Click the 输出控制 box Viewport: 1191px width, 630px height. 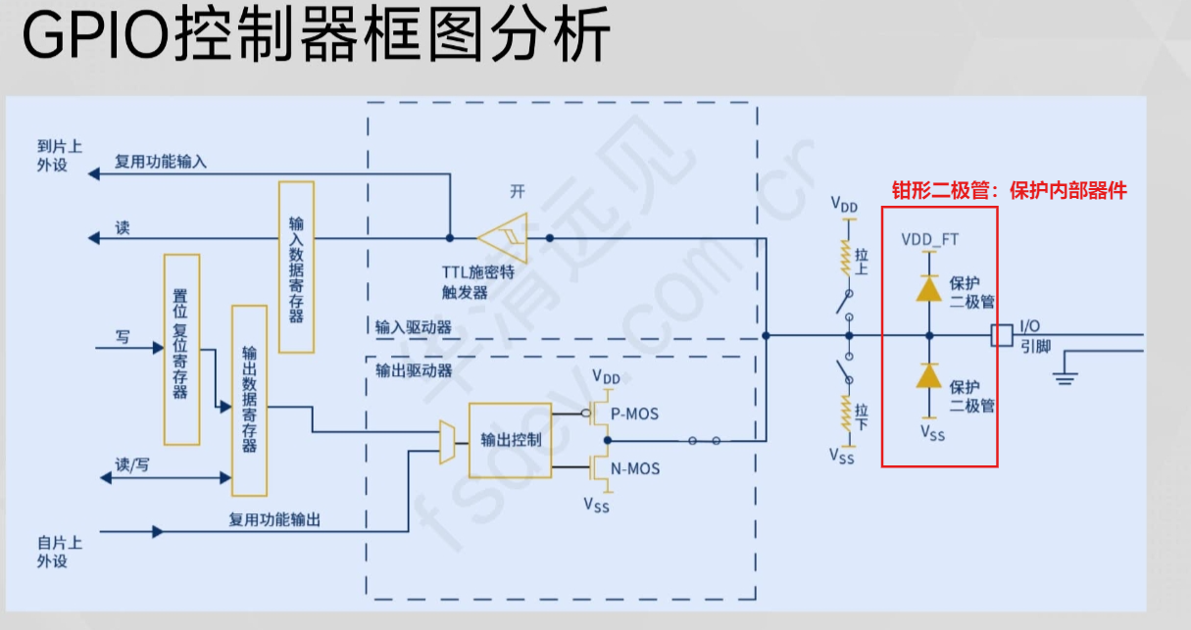511,440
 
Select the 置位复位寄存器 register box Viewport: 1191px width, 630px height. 181,349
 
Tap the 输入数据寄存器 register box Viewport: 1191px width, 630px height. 296,267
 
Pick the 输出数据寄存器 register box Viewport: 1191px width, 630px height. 249,400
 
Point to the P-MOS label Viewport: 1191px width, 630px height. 634,414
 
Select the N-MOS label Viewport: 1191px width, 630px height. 635,469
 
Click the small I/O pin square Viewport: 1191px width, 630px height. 1002,335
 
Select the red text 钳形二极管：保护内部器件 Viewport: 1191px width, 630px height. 1009,191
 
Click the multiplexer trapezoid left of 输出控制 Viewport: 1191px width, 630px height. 448,443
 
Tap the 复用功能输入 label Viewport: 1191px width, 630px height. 161,162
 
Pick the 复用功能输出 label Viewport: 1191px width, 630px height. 274,520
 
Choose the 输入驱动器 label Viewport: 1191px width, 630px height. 413,326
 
